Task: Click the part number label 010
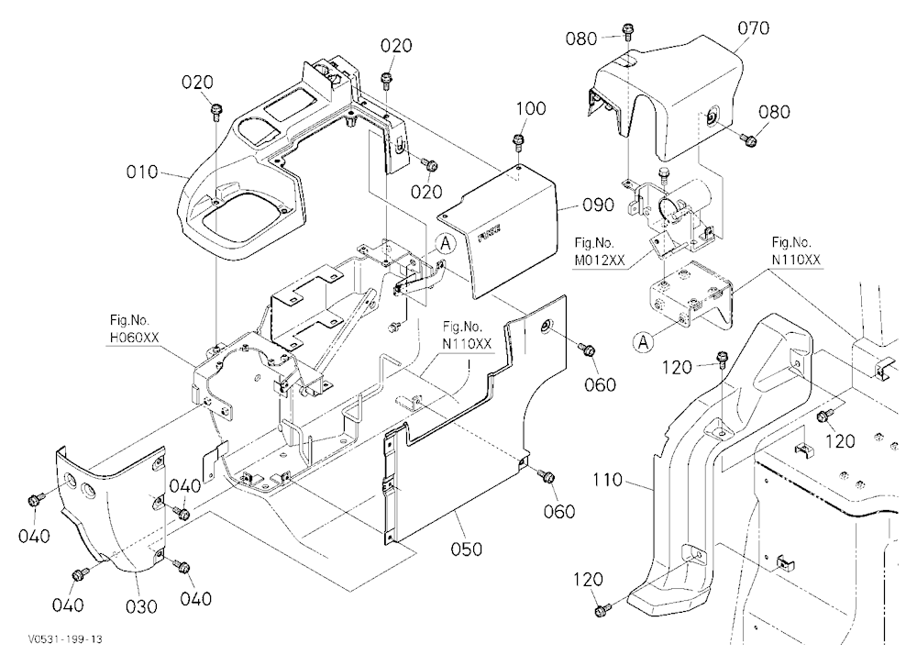142,172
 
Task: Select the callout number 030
142,606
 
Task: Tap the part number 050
467,549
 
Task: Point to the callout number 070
753,28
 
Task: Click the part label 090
598,205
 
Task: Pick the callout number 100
531,109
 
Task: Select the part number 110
607,480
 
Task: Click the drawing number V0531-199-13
65,639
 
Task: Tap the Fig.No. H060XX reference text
134,329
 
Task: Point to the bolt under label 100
518,140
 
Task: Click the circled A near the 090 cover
446,243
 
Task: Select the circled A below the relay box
644,342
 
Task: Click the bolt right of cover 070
748,139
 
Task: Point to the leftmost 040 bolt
35,500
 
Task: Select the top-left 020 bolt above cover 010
215,108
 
